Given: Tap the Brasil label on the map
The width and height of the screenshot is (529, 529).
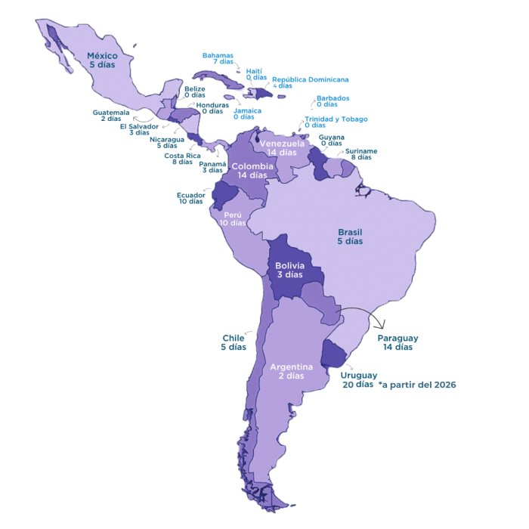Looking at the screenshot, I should pyautogui.click(x=350, y=237).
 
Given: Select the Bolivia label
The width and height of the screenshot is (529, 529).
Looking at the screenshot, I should pyautogui.click(x=289, y=270).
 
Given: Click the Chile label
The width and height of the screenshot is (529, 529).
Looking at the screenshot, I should pyautogui.click(x=234, y=342).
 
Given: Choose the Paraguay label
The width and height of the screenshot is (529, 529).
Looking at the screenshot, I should pyautogui.click(x=398, y=342).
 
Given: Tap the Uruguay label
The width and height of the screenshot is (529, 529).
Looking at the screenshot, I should pyautogui.click(x=357, y=379).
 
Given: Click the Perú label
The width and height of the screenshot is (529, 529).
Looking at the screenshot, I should pyautogui.click(x=233, y=218).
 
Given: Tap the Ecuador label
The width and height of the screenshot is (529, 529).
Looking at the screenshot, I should pyautogui.click(x=190, y=197).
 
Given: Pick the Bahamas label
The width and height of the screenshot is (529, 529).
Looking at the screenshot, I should pyautogui.click(x=218, y=58).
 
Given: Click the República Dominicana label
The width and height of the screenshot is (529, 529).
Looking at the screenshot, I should pyautogui.click(x=310, y=82).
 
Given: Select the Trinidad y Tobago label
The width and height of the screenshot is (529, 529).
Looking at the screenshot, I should pyautogui.click(x=336, y=122).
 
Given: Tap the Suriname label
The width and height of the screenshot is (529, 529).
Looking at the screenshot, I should pyautogui.click(x=360, y=154).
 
